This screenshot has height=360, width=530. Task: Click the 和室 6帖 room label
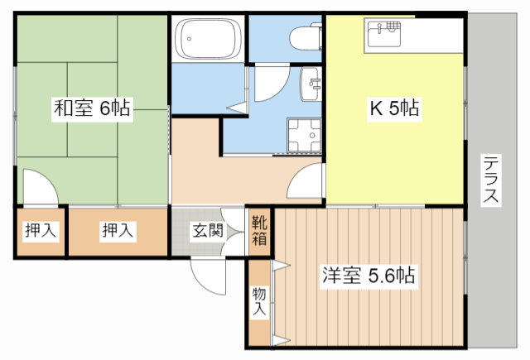[92, 108]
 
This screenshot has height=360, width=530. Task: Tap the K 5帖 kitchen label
[393, 108]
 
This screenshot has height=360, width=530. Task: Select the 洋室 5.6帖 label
[369, 275]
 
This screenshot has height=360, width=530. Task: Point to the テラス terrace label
[490, 180]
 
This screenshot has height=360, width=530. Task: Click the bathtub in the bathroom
[207, 39]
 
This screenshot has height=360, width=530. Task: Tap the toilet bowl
[305, 37]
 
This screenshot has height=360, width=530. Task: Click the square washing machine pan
[303, 134]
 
